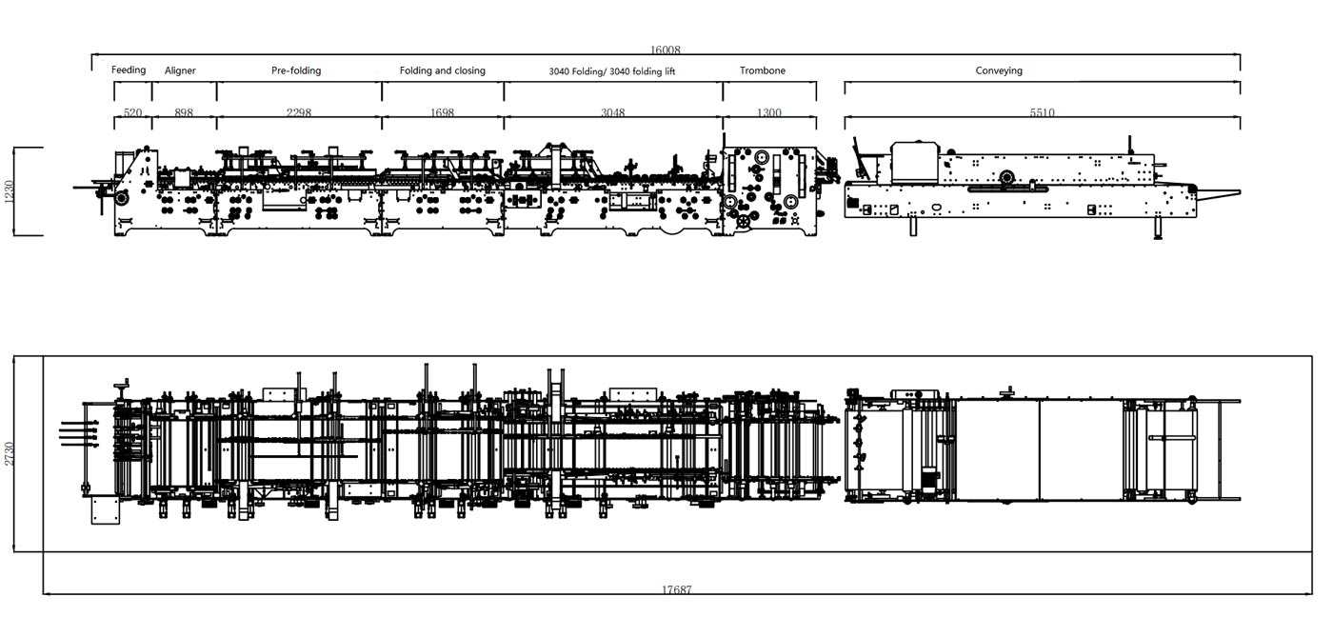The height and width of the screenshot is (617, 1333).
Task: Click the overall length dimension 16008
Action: [666, 50]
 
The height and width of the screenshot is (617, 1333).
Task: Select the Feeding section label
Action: [129, 70]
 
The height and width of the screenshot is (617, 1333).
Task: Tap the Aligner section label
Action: [180, 70]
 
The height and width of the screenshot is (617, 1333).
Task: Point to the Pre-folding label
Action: [296, 70]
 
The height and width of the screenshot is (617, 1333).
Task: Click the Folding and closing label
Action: [442, 70]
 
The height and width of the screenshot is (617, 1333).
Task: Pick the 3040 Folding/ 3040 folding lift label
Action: [612, 71]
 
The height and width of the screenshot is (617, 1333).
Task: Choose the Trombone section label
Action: [763, 70]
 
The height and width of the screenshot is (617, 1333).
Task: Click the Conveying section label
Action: [999, 70]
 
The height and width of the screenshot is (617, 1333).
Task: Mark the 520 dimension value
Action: [132, 113]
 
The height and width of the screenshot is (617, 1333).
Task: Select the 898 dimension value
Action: [184, 113]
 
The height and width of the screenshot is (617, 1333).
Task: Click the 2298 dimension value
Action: [298, 113]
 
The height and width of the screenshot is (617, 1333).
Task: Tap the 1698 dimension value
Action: [442, 113]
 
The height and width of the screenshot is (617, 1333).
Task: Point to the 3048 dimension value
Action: [612, 113]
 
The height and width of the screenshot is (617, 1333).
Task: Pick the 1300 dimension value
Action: [768, 113]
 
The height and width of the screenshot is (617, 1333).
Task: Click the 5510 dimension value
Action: [1042, 113]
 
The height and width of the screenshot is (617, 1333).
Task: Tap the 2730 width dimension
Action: [10, 453]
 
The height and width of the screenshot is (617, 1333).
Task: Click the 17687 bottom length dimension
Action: [677, 589]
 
